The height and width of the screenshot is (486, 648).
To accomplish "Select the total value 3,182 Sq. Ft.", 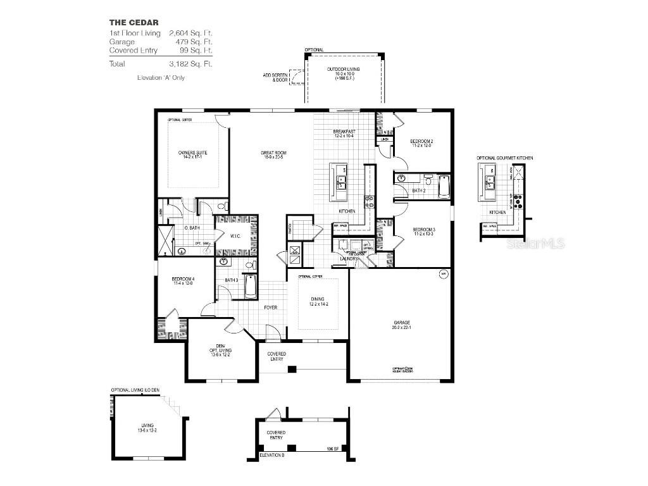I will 190,64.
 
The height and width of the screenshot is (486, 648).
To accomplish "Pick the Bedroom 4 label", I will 184,281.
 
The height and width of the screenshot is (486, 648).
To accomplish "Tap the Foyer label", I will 270,308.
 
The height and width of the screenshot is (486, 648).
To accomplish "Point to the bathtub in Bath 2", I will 444,187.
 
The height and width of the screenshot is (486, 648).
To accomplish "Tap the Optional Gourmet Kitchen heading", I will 505,157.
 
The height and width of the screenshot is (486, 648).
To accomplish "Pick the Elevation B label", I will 272,455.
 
